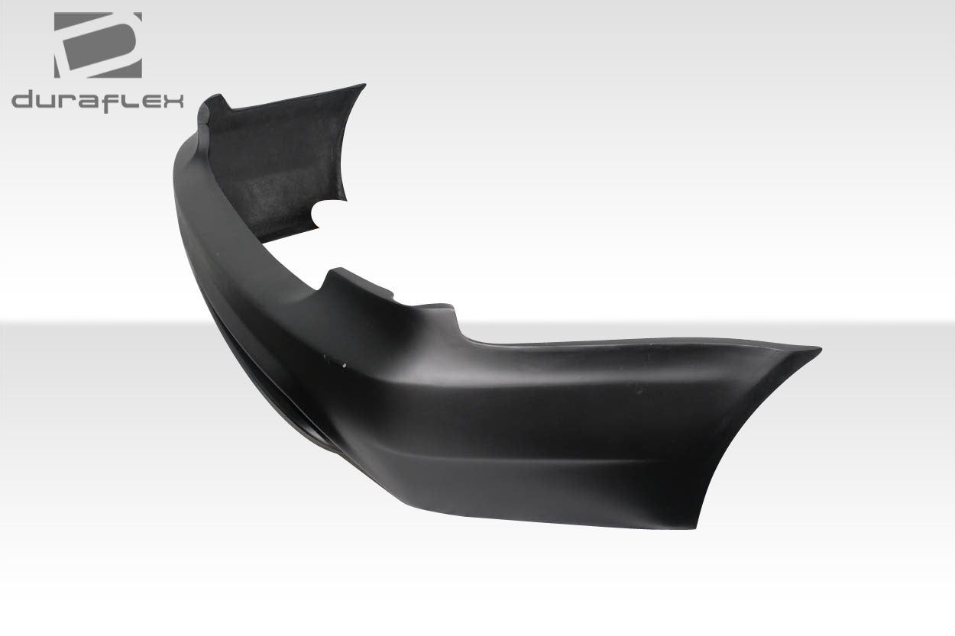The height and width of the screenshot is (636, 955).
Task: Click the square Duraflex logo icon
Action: coord(98,44)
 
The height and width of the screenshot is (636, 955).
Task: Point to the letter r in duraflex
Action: coord(69,102)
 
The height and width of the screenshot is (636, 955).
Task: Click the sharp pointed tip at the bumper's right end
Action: coord(817,350)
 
